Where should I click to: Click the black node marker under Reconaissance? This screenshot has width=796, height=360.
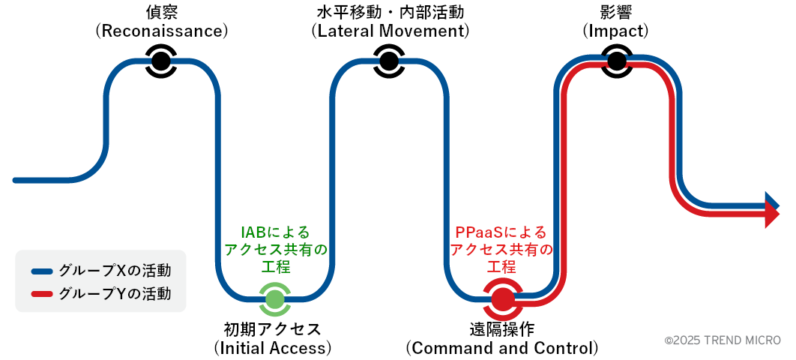pyautogui.click(x=160, y=60)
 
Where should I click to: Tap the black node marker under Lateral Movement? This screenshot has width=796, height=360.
pyautogui.click(x=388, y=60)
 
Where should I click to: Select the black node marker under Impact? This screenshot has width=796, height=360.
pyautogui.click(x=616, y=60)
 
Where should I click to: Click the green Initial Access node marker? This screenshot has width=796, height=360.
pyautogui.click(x=275, y=299)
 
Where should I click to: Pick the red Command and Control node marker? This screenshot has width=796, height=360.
pyautogui.click(x=502, y=299)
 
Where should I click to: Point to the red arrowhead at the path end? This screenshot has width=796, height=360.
pyautogui.click(x=772, y=217)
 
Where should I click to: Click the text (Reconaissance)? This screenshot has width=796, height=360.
pyautogui.click(x=161, y=31)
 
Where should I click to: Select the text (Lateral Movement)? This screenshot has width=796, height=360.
pyautogui.click(x=390, y=31)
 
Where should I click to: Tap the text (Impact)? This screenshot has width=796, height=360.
pyautogui.click(x=615, y=31)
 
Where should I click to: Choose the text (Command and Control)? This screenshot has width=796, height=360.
pyautogui.click(x=502, y=348)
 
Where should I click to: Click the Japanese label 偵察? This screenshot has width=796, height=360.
pyautogui.click(x=160, y=12)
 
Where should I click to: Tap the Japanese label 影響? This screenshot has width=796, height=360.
pyautogui.click(x=615, y=12)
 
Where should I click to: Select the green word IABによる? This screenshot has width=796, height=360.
pyautogui.click(x=274, y=232)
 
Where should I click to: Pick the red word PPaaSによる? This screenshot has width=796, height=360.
pyautogui.click(x=501, y=232)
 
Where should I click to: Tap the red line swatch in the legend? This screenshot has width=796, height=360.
pyautogui.click(x=42, y=294)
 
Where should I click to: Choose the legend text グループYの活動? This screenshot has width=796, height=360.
pyautogui.click(x=115, y=294)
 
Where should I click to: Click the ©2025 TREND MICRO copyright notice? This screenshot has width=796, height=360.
pyautogui.click(x=723, y=340)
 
